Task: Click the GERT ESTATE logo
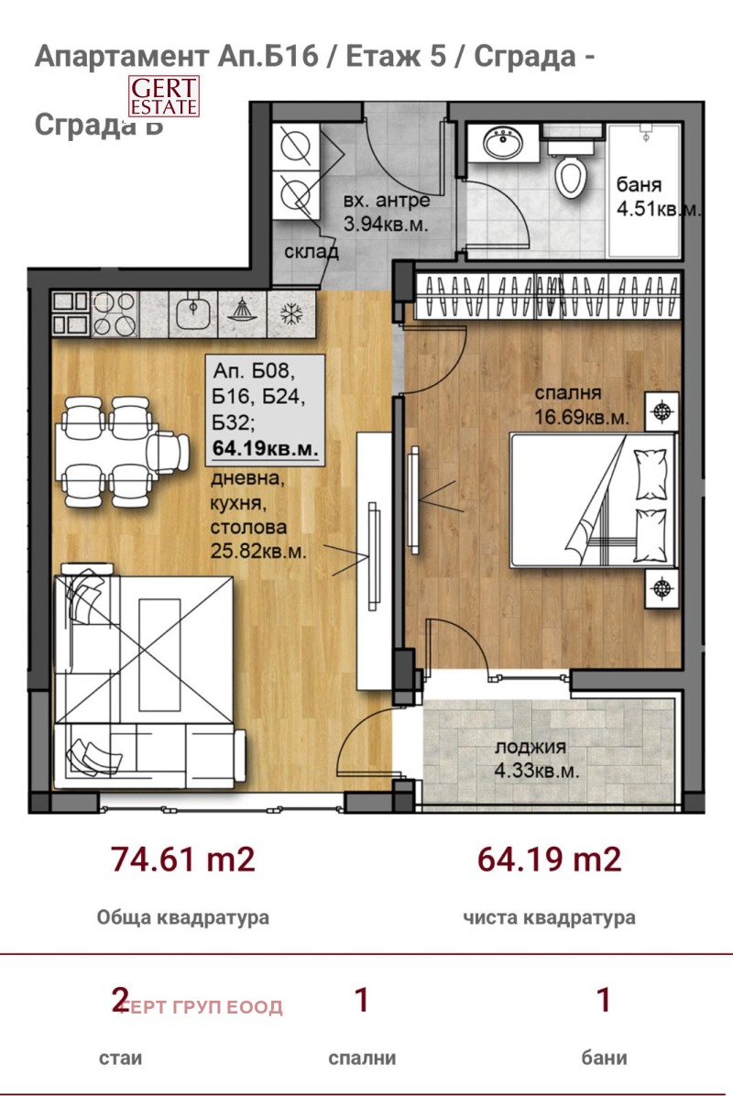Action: pos(163,95)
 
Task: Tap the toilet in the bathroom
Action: pos(570,173)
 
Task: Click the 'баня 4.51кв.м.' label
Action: pos(656,196)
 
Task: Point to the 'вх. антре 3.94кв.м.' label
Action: pos(385,212)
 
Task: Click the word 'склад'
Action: pos(311,251)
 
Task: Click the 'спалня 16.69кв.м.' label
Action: pos(582,405)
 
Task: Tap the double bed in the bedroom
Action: pos(594,499)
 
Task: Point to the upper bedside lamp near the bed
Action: pos(662,410)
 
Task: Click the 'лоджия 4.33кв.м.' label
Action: pos(537,759)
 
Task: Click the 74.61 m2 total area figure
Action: pos(182,860)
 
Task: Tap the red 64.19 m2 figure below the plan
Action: pos(550,860)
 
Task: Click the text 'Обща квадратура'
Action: pos(182,917)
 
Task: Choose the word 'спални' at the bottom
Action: pos(362,1058)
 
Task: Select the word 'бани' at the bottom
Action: pos(604,1058)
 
